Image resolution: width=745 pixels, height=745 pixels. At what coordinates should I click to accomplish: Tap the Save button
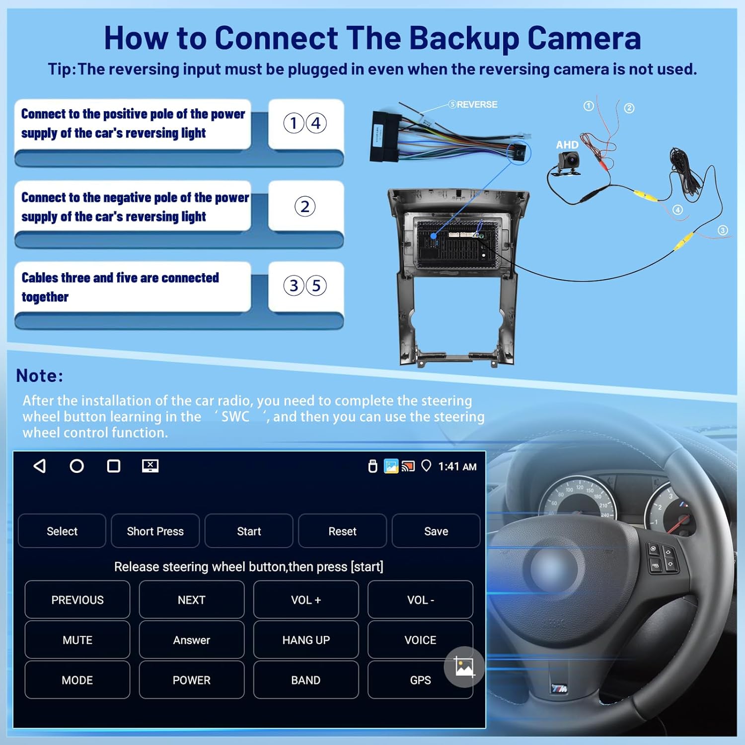tap(436, 531)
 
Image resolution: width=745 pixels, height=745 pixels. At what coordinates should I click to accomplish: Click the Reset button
tap(342, 531)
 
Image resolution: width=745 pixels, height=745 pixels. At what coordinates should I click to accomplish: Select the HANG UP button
tap(305, 640)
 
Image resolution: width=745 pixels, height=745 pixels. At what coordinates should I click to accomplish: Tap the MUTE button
tap(77, 640)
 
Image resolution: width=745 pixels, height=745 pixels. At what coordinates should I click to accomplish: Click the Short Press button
tap(155, 531)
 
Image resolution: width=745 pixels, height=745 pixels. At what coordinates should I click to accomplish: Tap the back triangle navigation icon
tap(40, 466)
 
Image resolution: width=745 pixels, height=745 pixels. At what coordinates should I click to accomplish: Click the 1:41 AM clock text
tap(457, 466)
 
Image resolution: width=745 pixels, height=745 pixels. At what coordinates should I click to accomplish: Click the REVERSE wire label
tap(476, 104)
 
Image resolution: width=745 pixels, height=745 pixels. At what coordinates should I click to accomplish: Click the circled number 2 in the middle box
tap(305, 207)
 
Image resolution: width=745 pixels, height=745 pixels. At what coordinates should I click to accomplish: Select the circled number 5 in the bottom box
tap(316, 286)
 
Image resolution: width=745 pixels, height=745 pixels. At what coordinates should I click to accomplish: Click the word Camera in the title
tap(584, 38)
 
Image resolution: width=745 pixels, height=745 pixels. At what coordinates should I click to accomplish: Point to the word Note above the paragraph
tap(39, 375)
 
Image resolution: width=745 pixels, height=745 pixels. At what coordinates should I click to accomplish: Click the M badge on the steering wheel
tap(559, 688)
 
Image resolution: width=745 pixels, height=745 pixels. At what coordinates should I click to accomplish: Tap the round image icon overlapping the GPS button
tap(464, 667)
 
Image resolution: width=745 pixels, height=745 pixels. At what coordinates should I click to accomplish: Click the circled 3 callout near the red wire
tap(723, 230)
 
